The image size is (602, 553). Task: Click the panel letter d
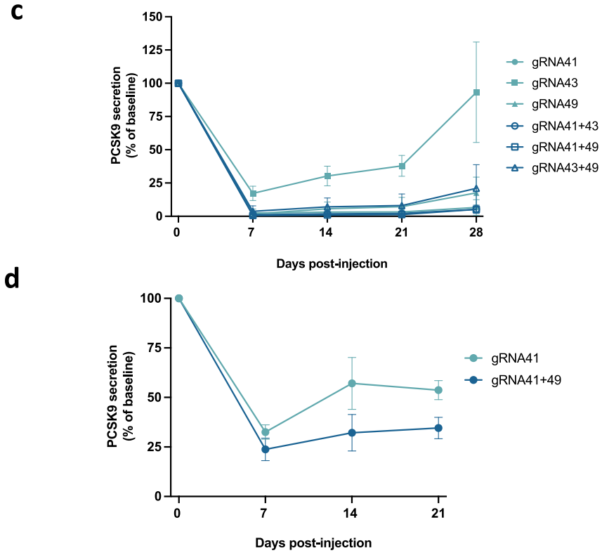tap(12, 278)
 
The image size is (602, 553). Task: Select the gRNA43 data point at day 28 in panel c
tap(476, 92)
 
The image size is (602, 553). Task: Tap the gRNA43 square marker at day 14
tap(327, 176)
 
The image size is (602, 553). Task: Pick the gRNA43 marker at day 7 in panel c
tap(253, 193)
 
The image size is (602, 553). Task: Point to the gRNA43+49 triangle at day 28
tap(476, 188)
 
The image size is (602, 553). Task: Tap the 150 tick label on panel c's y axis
tap(152, 16)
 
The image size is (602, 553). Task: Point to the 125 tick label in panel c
tap(152, 50)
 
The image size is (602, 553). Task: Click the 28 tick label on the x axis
tap(476, 233)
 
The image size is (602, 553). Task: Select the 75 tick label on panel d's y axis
tap(154, 346)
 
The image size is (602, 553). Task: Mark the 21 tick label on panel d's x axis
tap(438, 513)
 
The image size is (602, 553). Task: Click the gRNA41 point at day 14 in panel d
tap(352, 383)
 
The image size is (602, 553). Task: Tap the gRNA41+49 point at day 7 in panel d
tap(266, 449)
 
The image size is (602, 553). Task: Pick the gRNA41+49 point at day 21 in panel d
tap(438, 428)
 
